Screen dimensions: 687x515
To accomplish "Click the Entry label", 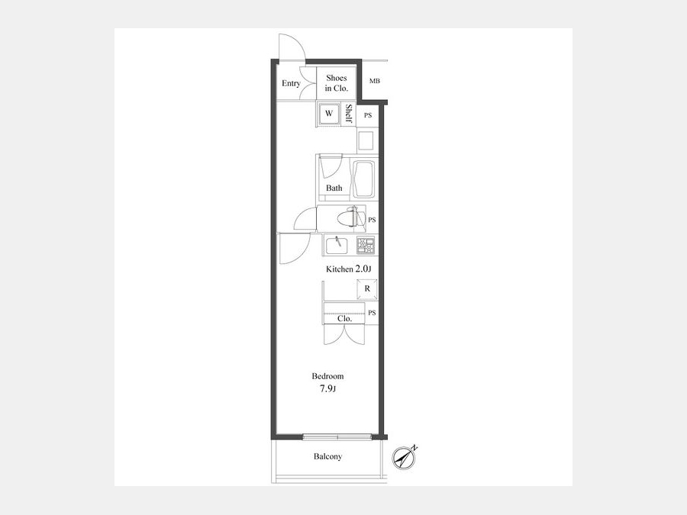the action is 291,83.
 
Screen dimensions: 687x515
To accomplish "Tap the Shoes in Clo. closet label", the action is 337,82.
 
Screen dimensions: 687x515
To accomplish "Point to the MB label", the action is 375,81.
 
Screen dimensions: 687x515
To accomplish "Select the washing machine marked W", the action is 329,114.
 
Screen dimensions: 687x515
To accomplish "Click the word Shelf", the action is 349,114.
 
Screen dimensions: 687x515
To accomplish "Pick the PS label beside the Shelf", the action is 368,115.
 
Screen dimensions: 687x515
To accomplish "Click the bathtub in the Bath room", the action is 365,179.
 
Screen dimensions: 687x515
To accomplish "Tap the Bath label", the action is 334,188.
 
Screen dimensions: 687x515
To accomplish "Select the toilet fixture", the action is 352,218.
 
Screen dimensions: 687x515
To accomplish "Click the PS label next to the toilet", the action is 372,220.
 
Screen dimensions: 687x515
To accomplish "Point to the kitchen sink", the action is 337,245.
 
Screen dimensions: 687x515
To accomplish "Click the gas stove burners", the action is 366,245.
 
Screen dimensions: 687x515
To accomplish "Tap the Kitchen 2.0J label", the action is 349,269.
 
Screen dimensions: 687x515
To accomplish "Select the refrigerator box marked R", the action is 367,289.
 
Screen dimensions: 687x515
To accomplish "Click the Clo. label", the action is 345,319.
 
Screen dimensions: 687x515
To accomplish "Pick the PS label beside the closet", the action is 372,313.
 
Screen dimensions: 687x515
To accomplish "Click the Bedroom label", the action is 327,376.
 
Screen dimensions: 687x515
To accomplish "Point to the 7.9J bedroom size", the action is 327,388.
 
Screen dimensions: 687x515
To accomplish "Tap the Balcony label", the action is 327,456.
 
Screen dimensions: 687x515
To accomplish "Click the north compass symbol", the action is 403,458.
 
